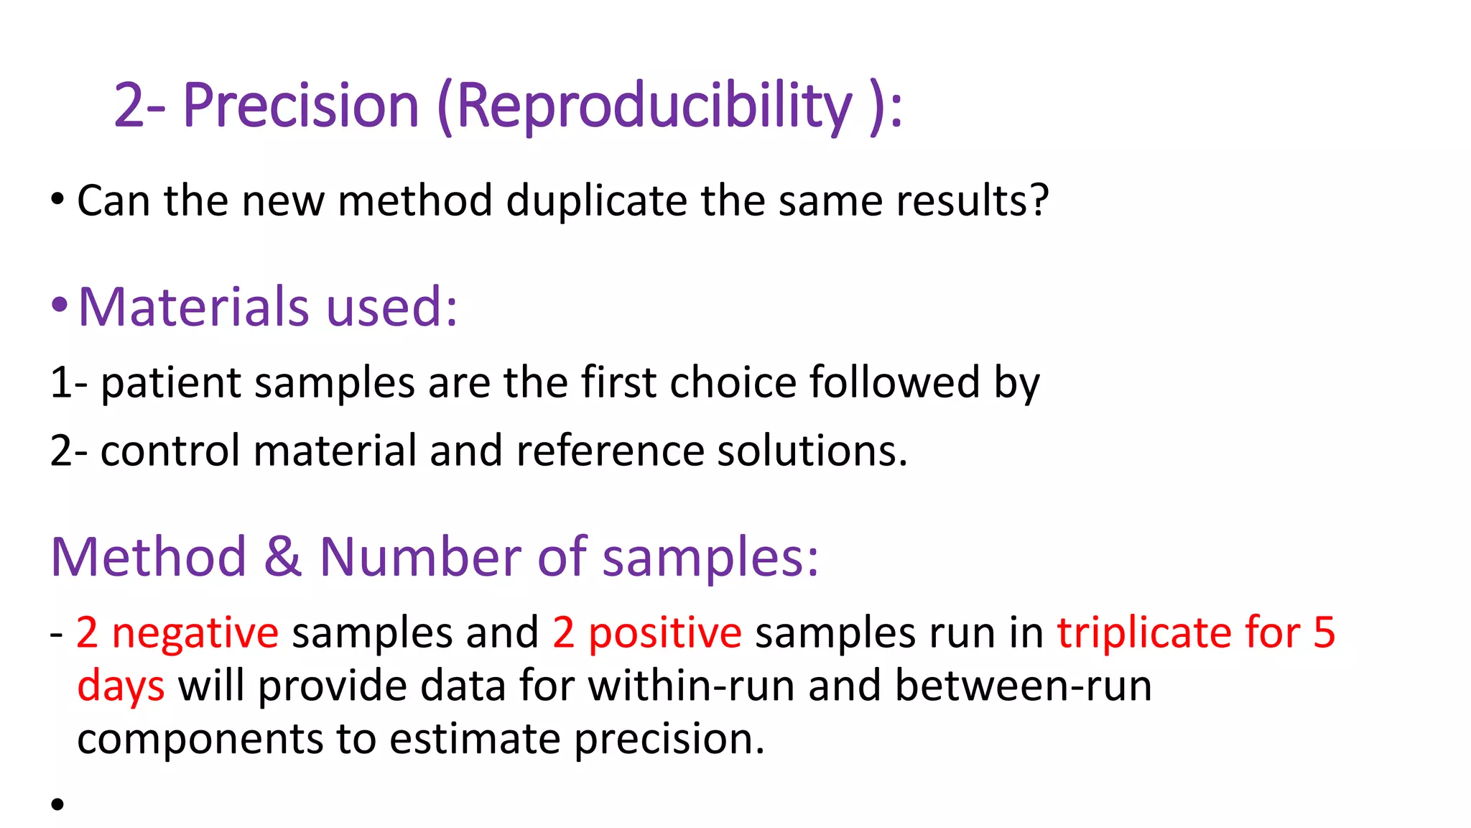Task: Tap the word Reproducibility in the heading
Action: pyautogui.click(x=653, y=106)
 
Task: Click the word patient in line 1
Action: pyautogui.click(x=170, y=382)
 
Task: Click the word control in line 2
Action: pyautogui.click(x=170, y=451)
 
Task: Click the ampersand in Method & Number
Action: pyautogui.click(x=282, y=557)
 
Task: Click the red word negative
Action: pyautogui.click(x=195, y=633)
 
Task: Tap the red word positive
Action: pyautogui.click(x=664, y=633)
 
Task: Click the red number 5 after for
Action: pyautogui.click(x=1324, y=633)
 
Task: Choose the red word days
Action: pyautogui.click(x=121, y=686)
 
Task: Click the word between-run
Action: pyautogui.click(x=1023, y=686)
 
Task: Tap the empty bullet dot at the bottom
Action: pyautogui.click(x=57, y=804)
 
